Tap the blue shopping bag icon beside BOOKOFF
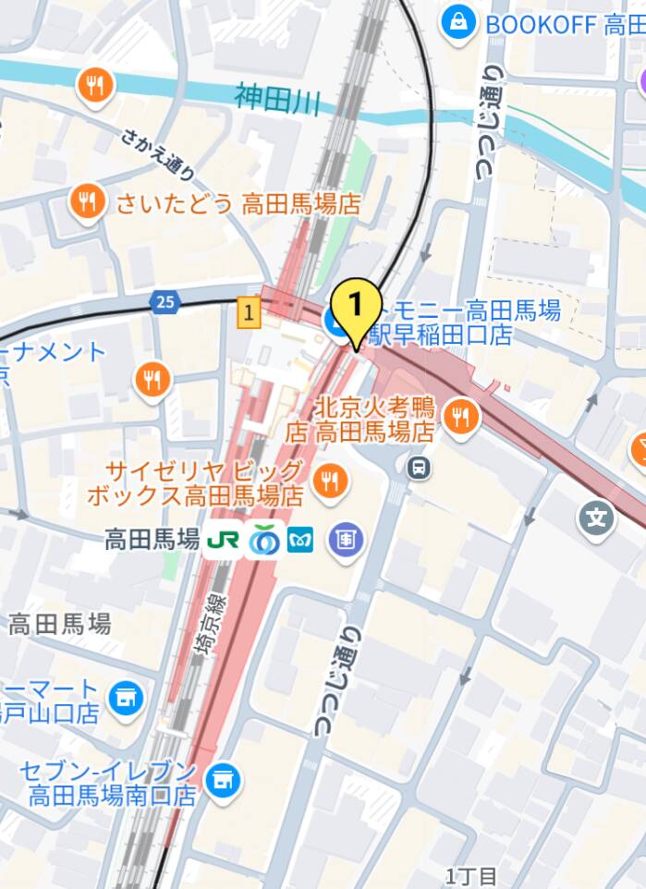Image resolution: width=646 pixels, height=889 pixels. coord(458,23)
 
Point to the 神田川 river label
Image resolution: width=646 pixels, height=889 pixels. coord(277,98)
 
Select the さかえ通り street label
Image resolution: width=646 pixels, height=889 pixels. coord(158,153)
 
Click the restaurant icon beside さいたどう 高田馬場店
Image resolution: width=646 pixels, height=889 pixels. coord(87,201)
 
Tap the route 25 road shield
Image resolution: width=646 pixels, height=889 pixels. coord(165,302)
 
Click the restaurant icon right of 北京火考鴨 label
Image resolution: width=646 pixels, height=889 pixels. coord(459,418)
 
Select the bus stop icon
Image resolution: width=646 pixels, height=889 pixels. coord(419,469)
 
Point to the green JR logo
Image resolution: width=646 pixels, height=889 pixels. coord(223,540)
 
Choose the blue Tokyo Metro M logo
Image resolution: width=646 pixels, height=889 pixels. coord(300,540)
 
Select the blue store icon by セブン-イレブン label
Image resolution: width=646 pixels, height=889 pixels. coord(222,782)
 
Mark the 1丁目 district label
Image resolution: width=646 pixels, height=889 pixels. coord(471,875)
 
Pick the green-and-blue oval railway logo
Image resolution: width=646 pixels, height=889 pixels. coord(265,540)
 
